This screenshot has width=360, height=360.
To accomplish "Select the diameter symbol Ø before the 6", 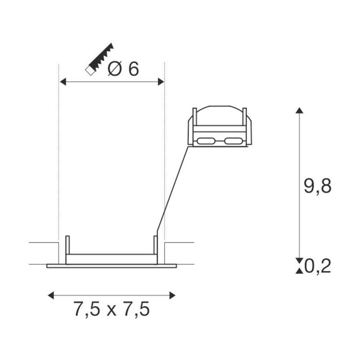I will point(116,69).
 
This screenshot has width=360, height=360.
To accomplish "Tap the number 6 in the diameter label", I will point(133,69).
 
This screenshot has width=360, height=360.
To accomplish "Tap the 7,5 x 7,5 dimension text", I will point(111,310).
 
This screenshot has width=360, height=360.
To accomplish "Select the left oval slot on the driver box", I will point(206,140).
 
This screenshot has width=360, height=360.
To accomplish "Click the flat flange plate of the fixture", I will point(111,266).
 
